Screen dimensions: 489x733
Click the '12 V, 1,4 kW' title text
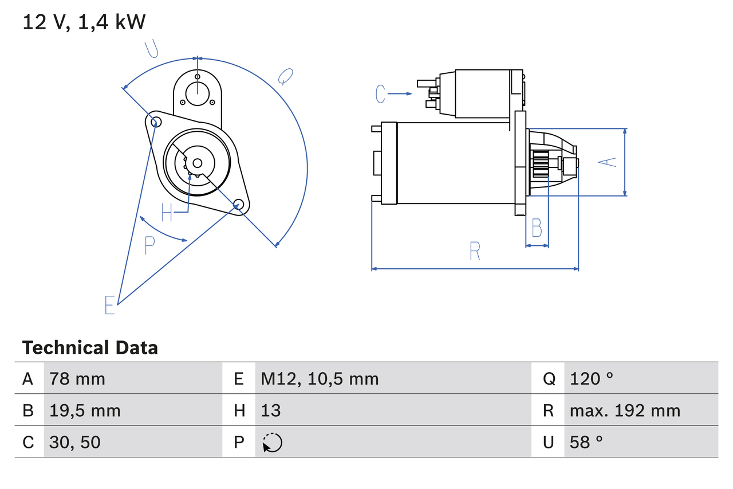[84, 22]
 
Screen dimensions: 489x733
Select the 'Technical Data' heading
[90, 347]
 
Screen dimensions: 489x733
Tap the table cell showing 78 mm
[77, 378]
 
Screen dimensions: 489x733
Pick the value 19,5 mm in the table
[85, 410]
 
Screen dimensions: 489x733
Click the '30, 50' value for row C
[75, 442]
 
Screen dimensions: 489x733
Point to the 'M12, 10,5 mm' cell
[320, 378]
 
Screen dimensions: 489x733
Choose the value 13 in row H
[271, 410]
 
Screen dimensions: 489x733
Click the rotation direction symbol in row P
[272, 443]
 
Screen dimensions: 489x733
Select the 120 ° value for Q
[592, 378]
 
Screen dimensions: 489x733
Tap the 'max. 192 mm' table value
[625, 410]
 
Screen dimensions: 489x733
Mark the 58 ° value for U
[586, 442]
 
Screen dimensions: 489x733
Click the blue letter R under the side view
[475, 251]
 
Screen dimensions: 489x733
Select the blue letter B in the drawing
[537, 228]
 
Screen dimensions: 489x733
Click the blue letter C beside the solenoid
[381, 93]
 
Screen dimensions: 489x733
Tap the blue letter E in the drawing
[110, 305]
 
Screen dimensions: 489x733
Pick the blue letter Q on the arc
[285, 76]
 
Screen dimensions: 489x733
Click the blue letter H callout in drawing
[167, 213]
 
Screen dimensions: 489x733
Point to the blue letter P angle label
[149, 245]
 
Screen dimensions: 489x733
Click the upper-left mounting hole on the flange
[153, 120]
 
